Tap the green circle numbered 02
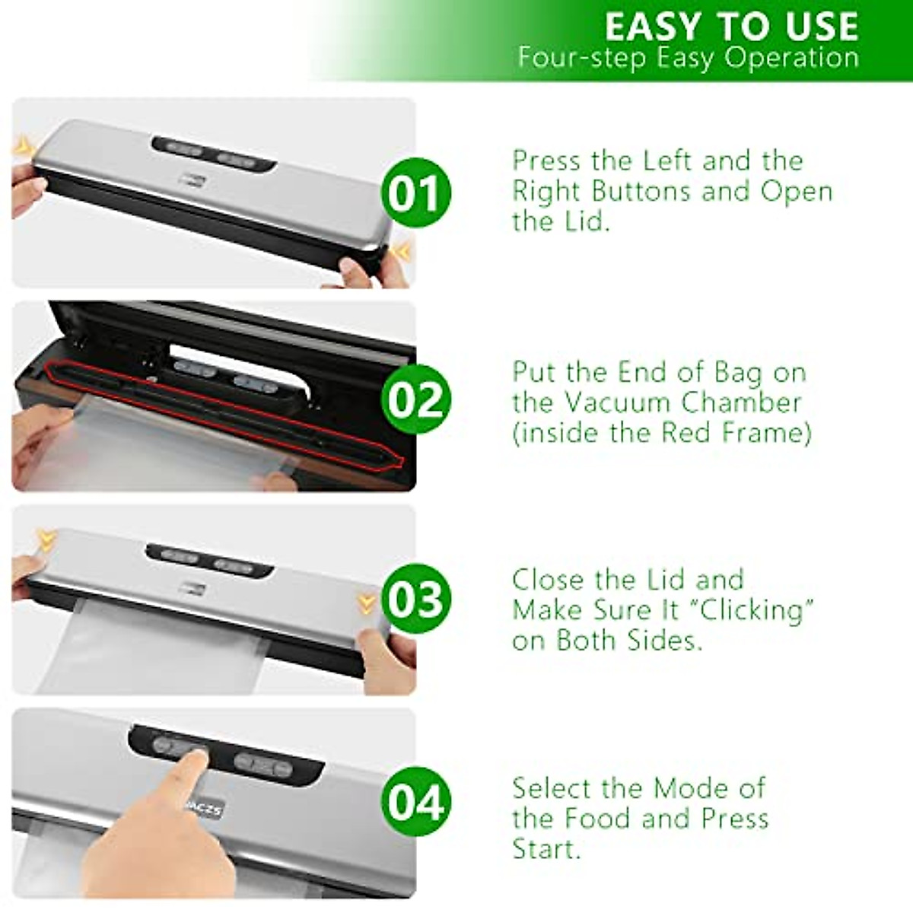click(x=415, y=398)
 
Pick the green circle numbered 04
click(x=415, y=802)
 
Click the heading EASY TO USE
click(x=731, y=27)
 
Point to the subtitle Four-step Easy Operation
click(x=689, y=58)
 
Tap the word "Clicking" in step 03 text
click(x=736, y=610)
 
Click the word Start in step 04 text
click(x=545, y=848)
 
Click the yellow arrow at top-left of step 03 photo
click(x=46, y=539)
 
